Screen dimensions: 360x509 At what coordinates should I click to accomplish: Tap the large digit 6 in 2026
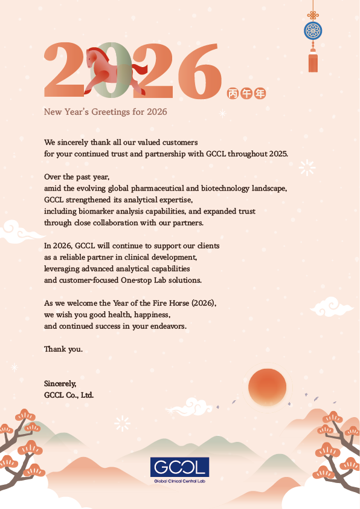pos(197,73)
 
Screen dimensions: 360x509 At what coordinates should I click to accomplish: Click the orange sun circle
pos(267,386)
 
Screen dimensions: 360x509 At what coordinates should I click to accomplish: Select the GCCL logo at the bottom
pos(179,467)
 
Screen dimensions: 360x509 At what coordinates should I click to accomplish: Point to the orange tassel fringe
pos(312,63)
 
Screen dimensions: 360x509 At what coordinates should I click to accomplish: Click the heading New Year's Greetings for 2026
pos(105,112)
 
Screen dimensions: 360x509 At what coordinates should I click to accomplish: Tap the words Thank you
pos(63,349)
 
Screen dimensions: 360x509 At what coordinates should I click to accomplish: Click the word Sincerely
pos(60,383)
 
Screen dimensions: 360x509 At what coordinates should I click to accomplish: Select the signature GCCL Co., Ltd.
pos(69,395)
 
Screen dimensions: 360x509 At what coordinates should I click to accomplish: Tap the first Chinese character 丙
pos(233,93)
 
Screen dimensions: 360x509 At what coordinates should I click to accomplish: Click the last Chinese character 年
pos(260,93)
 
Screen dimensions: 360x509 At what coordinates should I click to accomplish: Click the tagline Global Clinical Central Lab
pos(179,481)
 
